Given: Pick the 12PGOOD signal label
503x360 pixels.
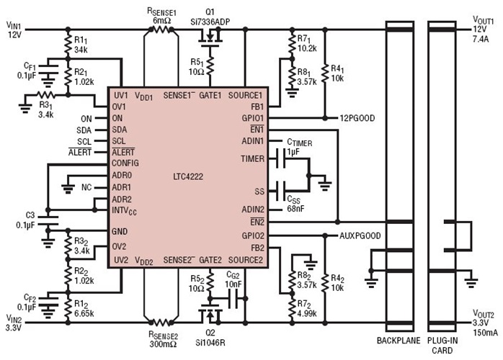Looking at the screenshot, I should (x=360, y=117).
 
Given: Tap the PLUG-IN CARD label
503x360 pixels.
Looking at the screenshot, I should (x=444, y=343).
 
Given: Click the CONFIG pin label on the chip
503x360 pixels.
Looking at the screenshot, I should (x=126, y=163).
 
